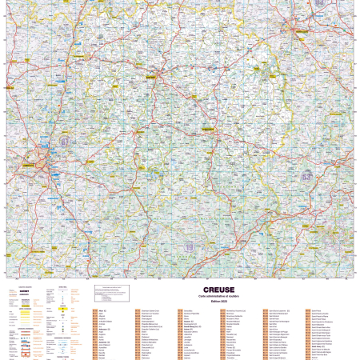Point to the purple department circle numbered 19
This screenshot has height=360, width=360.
click(x=189, y=249)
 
